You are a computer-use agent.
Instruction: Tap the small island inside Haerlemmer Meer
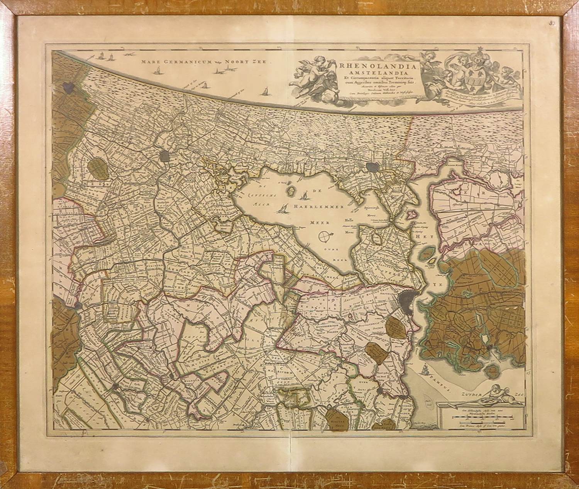291,190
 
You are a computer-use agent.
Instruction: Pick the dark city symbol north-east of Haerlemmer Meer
373,167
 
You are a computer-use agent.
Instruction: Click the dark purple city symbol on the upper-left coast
69,87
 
